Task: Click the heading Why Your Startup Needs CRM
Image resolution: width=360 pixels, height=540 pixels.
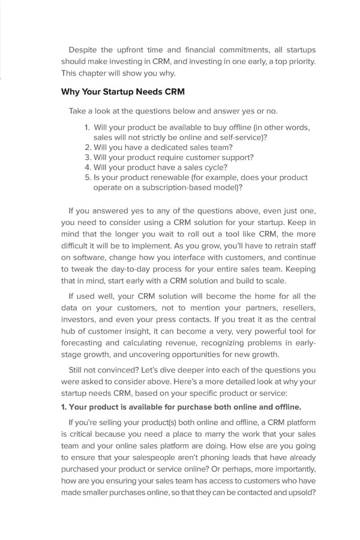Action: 122,92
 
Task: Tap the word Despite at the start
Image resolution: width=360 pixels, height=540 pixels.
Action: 83,49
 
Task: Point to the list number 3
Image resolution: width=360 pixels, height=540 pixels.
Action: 88,157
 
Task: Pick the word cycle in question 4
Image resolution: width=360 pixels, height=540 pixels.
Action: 218,167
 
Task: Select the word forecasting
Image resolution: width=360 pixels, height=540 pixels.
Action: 83,343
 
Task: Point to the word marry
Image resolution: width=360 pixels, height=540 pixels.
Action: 209,434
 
